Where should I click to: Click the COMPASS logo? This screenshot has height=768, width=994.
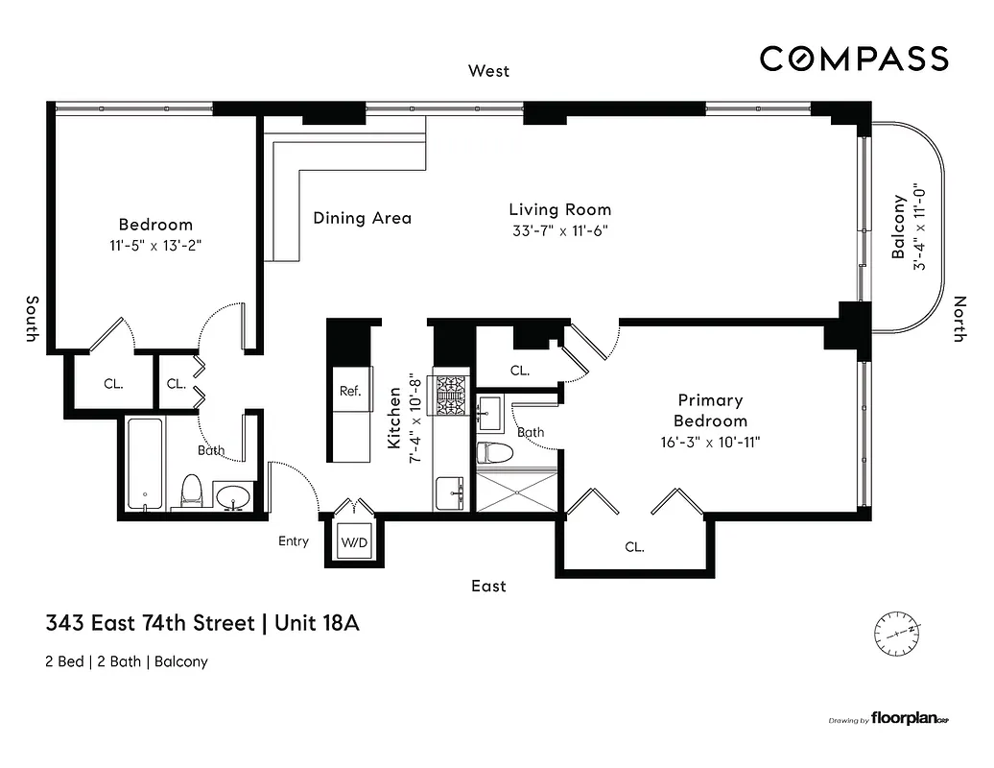(x=854, y=59)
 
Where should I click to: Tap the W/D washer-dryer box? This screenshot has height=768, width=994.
(x=353, y=542)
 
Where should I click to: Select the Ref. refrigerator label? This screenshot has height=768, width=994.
(x=350, y=391)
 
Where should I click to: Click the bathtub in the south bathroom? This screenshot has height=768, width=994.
(x=144, y=466)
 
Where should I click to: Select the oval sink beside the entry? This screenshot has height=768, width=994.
(x=233, y=496)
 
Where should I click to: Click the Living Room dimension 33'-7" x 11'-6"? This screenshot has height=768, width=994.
(x=559, y=230)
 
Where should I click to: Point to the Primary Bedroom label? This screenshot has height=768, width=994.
(x=710, y=410)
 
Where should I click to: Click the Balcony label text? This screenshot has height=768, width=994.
(x=899, y=228)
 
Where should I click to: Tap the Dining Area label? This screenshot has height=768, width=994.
(x=362, y=218)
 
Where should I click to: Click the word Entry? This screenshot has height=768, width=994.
(x=294, y=541)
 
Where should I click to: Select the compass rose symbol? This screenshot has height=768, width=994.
(x=897, y=633)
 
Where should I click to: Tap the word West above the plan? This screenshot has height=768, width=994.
(x=488, y=71)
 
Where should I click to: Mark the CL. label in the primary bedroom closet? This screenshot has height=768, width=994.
(x=634, y=547)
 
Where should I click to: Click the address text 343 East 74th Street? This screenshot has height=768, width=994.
(x=149, y=624)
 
